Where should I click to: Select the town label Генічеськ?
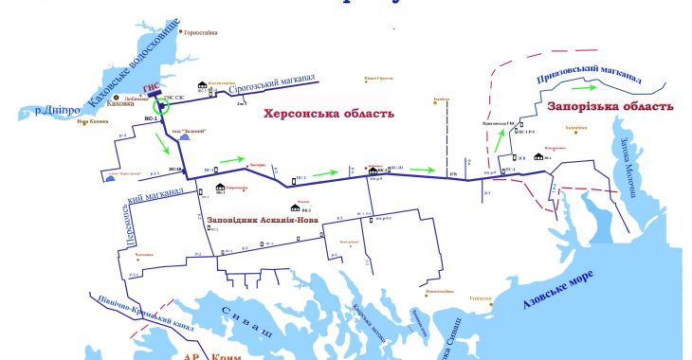coord(480,297)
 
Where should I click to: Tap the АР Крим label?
coord(217,354)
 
